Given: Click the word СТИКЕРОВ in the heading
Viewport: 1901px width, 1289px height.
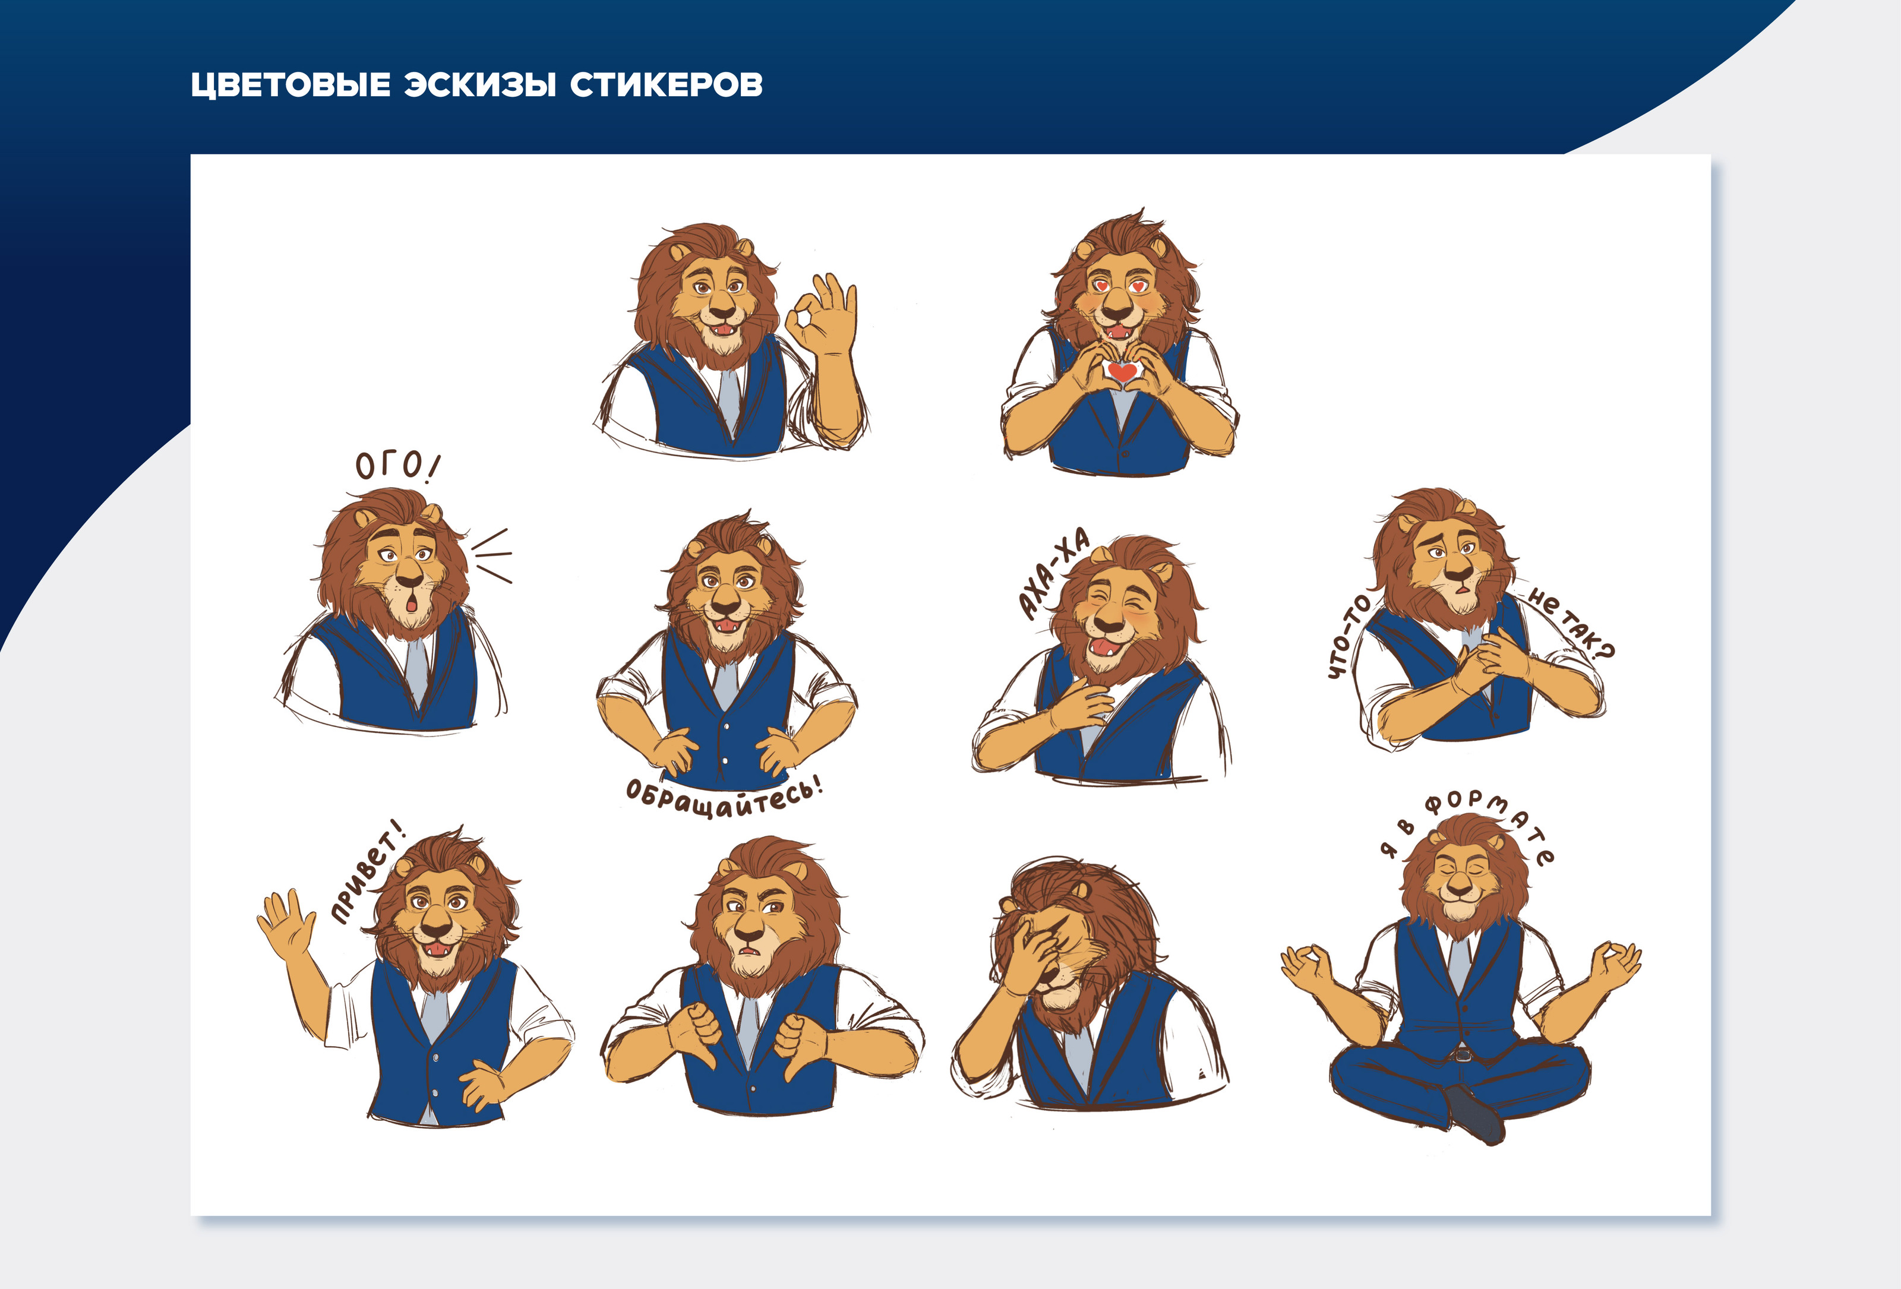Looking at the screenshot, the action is click(667, 85).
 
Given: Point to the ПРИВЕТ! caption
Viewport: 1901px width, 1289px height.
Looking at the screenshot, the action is click(367, 873).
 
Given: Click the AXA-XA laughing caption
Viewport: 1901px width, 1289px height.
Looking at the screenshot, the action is click(1053, 573).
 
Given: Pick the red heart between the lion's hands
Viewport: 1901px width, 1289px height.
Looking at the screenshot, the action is click(1122, 372).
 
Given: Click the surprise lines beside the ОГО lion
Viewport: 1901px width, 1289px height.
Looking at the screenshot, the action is click(493, 555).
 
